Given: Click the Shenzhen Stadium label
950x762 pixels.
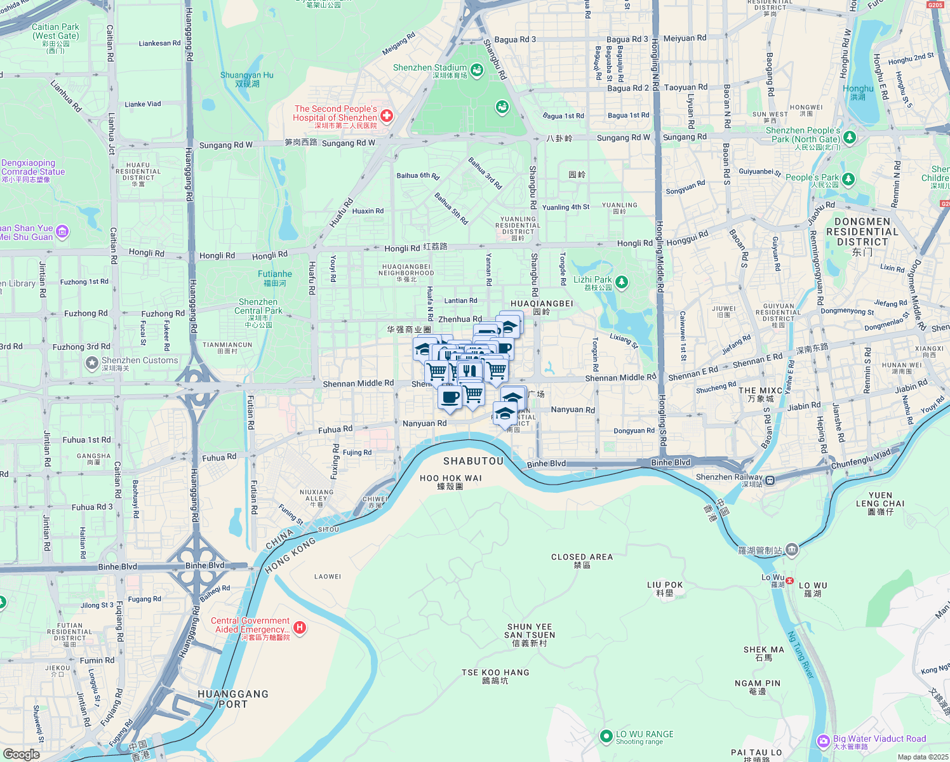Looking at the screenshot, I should [x=430, y=68].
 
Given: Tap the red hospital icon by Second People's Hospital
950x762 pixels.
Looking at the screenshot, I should [x=386, y=116].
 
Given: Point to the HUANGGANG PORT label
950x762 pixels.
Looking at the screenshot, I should [x=233, y=698].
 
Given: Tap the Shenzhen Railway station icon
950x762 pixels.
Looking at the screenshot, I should [x=770, y=480].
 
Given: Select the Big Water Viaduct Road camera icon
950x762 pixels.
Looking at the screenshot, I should [x=824, y=741].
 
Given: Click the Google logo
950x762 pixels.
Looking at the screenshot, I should [x=22, y=754].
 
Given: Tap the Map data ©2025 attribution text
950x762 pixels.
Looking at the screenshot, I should [x=923, y=757].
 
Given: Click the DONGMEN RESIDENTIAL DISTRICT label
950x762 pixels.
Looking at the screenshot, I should [x=862, y=232].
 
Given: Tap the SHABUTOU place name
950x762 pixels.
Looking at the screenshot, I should [x=473, y=461].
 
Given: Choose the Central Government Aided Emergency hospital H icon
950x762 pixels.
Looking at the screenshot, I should [x=300, y=628].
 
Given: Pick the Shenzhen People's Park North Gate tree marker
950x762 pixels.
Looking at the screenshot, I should [x=850, y=137].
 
